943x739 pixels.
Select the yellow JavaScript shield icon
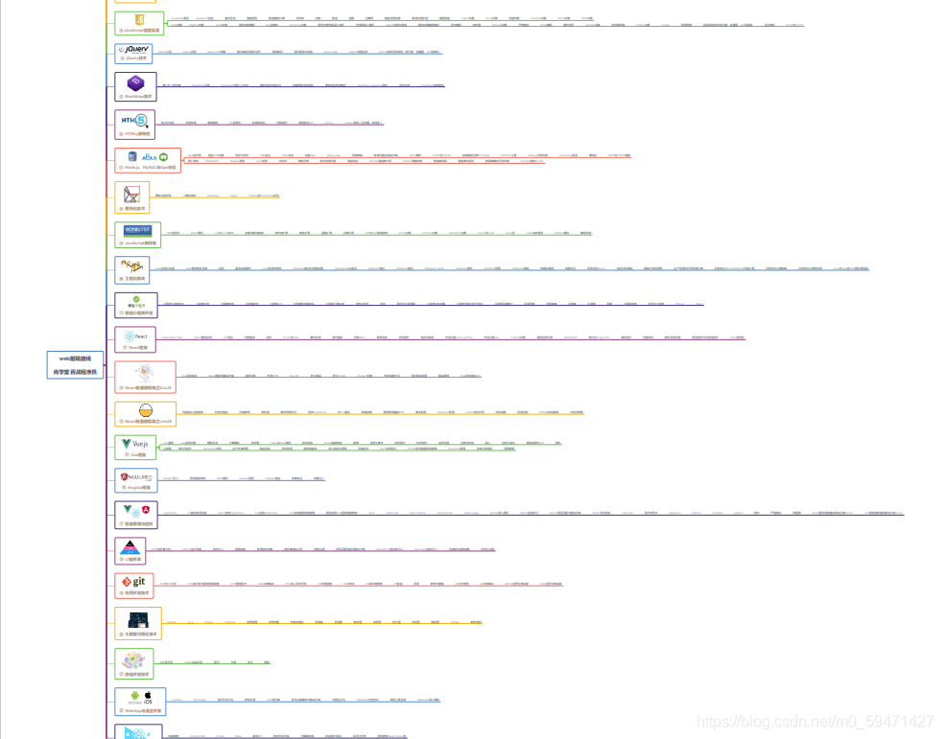[x=138, y=20]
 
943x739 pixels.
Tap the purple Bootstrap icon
[x=135, y=82]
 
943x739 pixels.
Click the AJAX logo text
[x=150, y=157]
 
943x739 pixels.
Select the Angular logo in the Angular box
[x=135, y=476]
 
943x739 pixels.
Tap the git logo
[x=133, y=582]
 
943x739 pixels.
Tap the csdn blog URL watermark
[x=814, y=721]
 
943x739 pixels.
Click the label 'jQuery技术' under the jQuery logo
[x=137, y=58]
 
